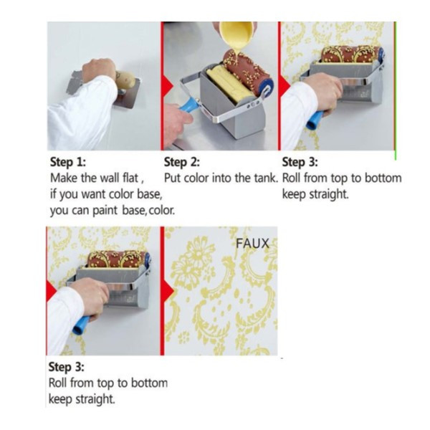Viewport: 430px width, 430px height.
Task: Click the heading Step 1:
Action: click(x=68, y=162)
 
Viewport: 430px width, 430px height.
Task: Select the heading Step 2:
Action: click(x=182, y=162)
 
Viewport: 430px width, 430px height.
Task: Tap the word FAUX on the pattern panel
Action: click(x=252, y=243)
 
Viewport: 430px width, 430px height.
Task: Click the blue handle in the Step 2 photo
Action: click(x=189, y=105)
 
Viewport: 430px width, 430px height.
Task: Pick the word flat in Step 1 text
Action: click(x=130, y=178)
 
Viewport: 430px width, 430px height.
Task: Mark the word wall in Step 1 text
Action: click(x=110, y=178)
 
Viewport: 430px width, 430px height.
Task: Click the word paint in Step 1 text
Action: click(x=105, y=211)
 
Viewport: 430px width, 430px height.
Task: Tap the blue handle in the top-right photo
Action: click(x=316, y=120)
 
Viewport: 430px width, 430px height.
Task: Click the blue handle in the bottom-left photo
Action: click(x=81, y=325)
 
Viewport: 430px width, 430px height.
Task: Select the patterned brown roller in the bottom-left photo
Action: click(x=118, y=259)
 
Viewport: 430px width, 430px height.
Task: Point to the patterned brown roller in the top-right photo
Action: click(x=352, y=54)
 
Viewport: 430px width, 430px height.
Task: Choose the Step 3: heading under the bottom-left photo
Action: click(x=67, y=367)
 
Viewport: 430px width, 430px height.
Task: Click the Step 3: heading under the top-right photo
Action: click(x=300, y=162)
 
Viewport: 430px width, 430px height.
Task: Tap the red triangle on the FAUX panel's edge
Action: click(x=168, y=291)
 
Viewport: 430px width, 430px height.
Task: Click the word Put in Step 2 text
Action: click(x=173, y=178)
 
